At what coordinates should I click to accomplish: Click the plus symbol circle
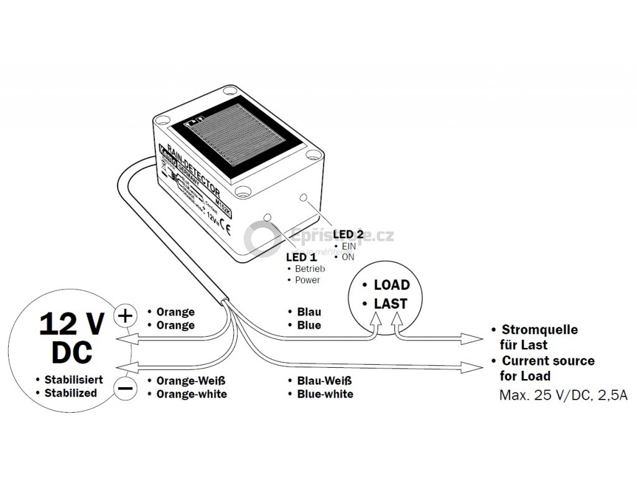click(x=125, y=316)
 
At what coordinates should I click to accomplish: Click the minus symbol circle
click(x=125, y=389)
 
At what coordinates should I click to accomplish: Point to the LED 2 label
click(x=348, y=234)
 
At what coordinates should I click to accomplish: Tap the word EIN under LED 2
click(x=349, y=246)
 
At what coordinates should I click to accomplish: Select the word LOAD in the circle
click(x=391, y=285)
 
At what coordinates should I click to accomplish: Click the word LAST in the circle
click(x=391, y=304)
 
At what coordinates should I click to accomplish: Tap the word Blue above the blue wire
click(x=309, y=325)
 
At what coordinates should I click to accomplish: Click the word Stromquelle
click(x=539, y=329)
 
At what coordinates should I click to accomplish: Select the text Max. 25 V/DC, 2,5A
click(x=563, y=396)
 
